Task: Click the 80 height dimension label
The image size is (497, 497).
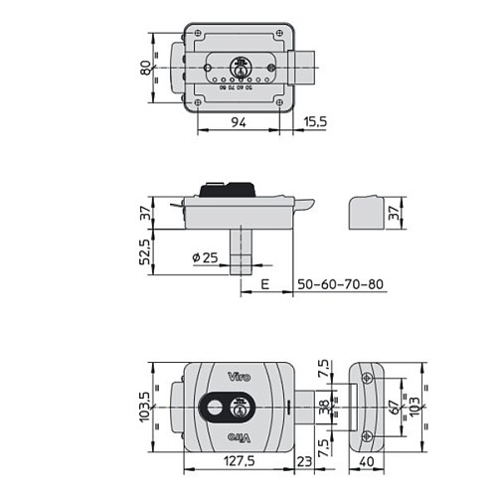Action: click(x=147, y=69)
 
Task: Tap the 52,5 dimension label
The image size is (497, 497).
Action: click(x=147, y=255)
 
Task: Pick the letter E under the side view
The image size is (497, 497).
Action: click(x=264, y=285)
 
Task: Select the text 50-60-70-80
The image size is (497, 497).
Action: click(x=341, y=285)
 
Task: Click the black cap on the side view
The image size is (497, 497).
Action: click(x=229, y=189)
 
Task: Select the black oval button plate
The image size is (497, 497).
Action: click(x=224, y=408)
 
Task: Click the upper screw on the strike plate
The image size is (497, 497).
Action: click(x=367, y=379)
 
